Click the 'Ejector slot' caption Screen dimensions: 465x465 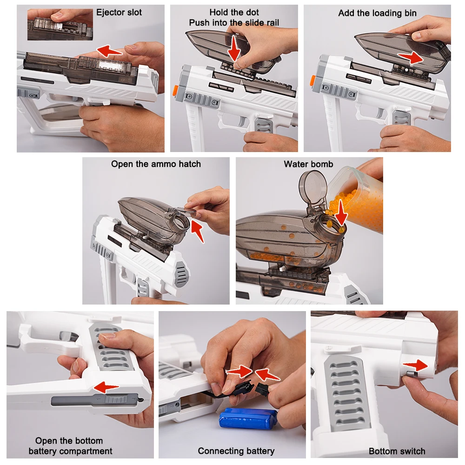[119, 12]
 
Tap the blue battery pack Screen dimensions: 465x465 [248, 418]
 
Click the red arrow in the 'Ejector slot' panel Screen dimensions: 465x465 [109, 51]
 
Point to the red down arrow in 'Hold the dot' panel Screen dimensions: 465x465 [234, 48]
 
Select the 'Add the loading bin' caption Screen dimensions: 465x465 [377, 13]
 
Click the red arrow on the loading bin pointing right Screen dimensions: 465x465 [410, 58]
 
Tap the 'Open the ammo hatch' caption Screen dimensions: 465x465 [156, 164]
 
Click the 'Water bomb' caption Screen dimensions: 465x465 [308, 164]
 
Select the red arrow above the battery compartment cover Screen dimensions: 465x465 [106, 387]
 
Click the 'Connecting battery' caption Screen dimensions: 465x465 [236, 451]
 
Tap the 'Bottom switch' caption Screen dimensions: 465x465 [397, 451]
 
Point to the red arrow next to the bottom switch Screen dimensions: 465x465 [415, 365]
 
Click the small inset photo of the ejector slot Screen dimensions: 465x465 [60, 24]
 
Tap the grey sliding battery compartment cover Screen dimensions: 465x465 [95, 400]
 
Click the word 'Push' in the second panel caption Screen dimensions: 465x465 [199, 22]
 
